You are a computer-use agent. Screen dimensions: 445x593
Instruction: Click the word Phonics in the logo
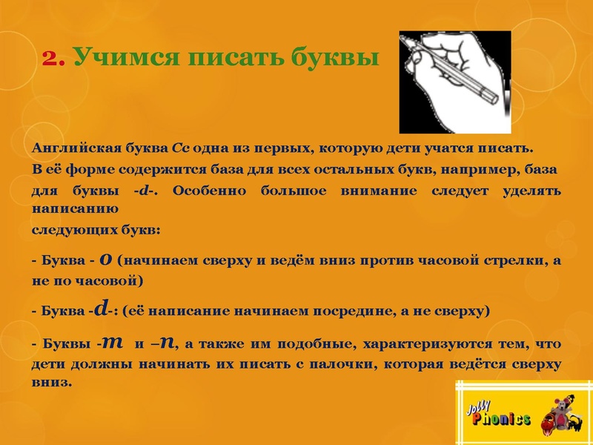[x=503, y=420]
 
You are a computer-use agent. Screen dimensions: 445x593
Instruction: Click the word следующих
[x=67, y=230]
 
